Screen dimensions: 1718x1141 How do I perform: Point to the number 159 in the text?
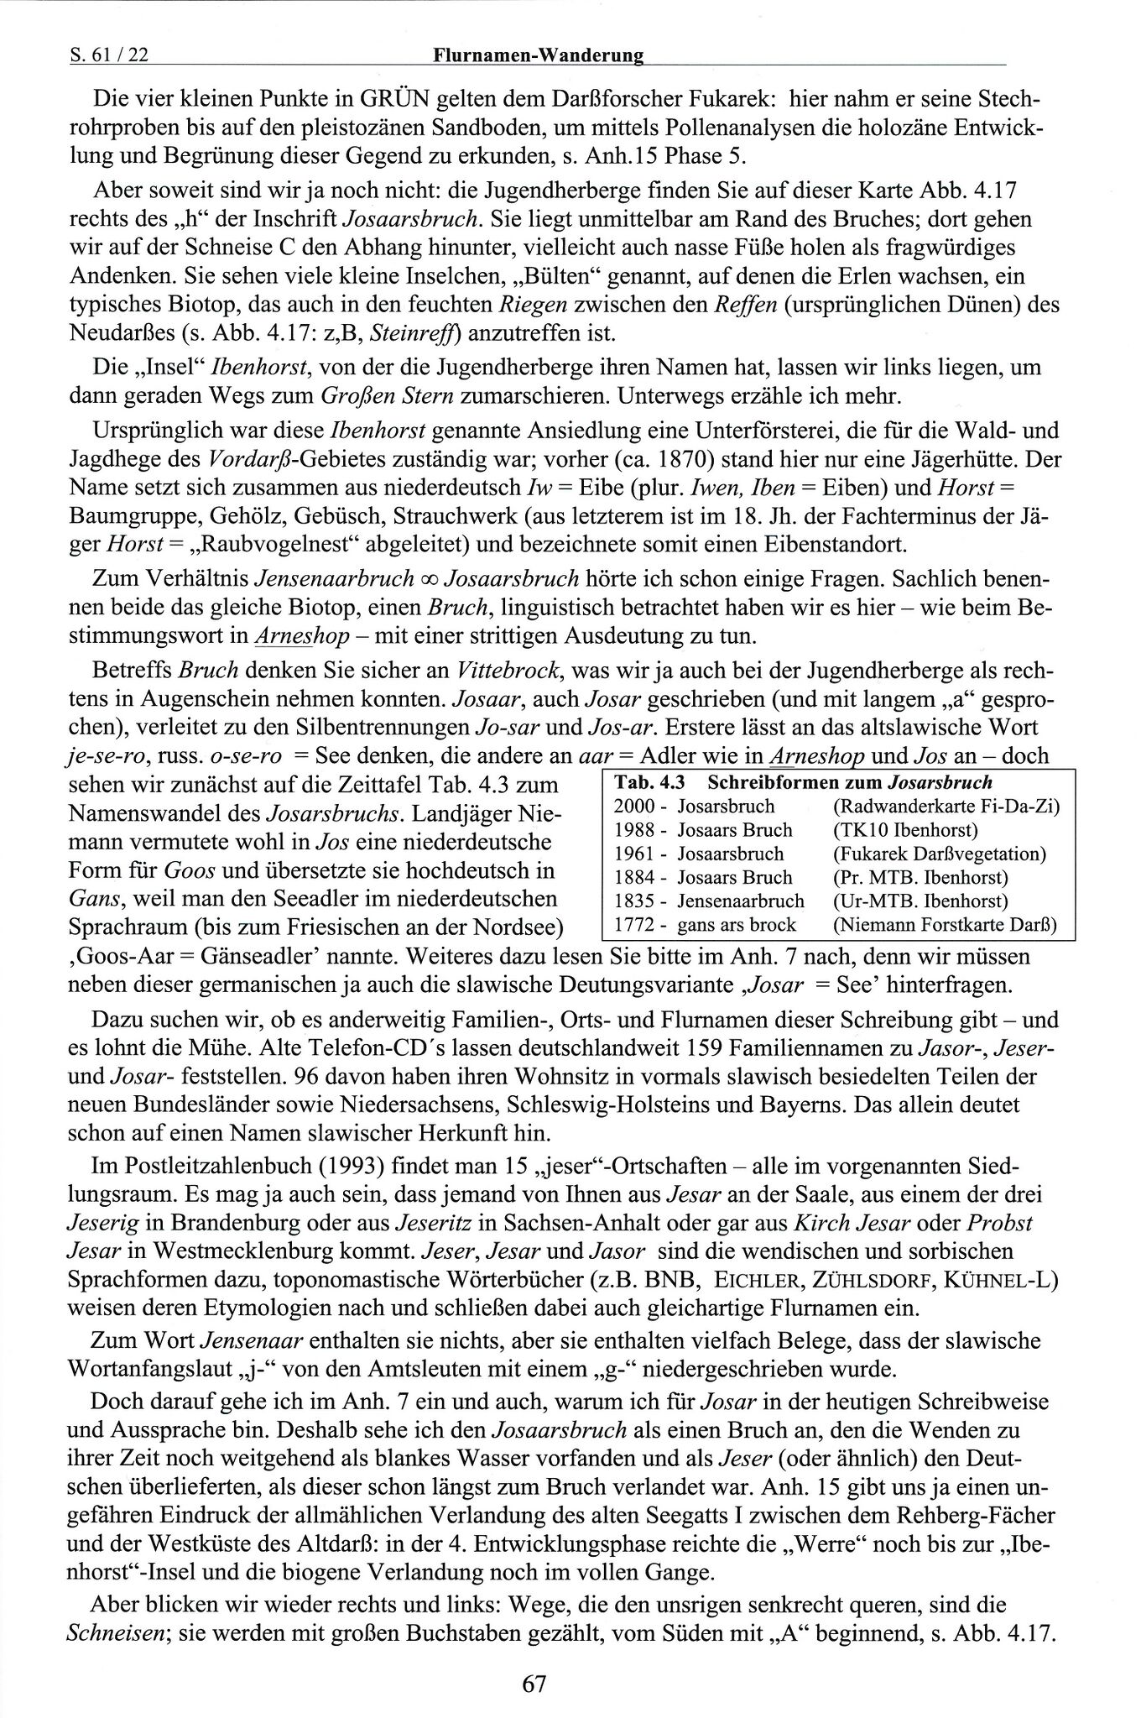(x=705, y=1047)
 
